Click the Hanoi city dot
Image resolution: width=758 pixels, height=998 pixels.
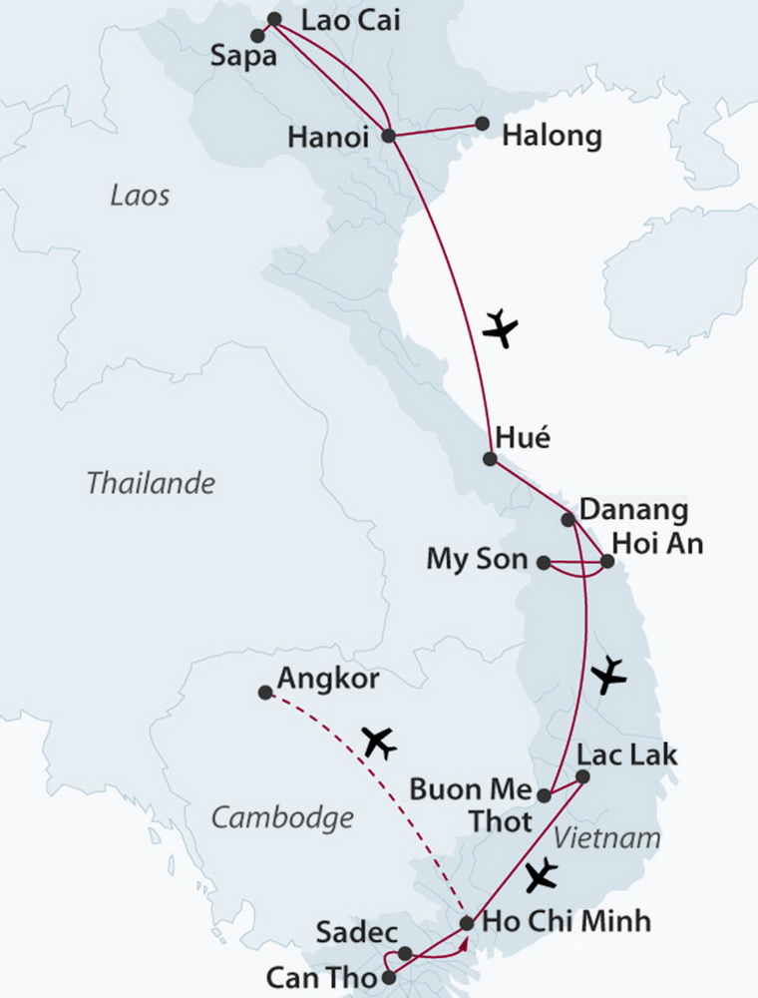(390, 136)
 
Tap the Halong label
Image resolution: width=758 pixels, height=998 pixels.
(552, 136)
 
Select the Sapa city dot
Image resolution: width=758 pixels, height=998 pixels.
(257, 36)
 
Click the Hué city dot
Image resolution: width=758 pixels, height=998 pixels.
(489, 459)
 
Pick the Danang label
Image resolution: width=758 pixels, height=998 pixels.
(633, 511)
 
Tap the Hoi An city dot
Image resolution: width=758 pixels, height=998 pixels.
(606, 560)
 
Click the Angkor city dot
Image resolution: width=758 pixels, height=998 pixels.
(264, 692)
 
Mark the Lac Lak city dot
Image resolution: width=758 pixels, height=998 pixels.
(582, 776)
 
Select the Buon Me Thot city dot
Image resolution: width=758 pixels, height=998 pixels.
(544, 795)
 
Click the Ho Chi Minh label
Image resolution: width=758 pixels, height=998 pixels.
(566, 920)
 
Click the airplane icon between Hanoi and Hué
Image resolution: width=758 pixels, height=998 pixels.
(501, 327)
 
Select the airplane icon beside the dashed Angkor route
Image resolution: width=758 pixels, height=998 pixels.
(379, 742)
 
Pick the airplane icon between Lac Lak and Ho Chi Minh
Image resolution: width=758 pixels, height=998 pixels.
(541, 875)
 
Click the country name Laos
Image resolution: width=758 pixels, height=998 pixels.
(140, 195)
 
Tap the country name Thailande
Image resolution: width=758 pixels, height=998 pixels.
(151, 484)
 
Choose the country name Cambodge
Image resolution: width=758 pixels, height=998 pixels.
(283, 818)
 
